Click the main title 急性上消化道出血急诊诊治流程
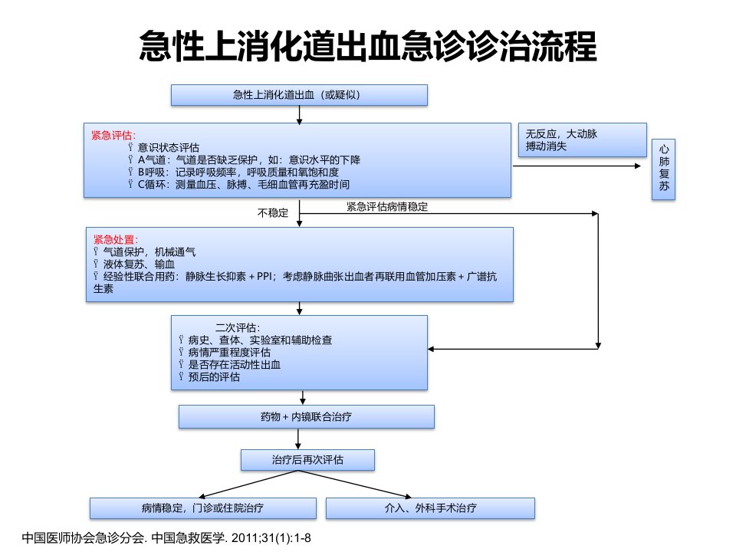tap(367, 46)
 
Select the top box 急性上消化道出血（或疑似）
tap(299, 95)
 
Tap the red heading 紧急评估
tap(113, 136)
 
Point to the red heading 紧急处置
tap(116, 240)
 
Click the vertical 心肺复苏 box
tap(663, 169)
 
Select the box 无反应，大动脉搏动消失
tap(582, 140)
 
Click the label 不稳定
tap(273, 213)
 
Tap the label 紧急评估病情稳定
tap(387, 206)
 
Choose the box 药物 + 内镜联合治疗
tap(307, 417)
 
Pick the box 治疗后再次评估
tap(307, 460)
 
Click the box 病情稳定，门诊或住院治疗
tap(202, 508)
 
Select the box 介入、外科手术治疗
tap(430, 508)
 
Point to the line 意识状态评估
tap(169, 148)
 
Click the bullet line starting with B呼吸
tap(238, 172)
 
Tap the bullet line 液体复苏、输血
tap(139, 264)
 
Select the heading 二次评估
tap(238, 327)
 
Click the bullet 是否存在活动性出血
tap(235, 365)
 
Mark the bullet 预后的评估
tap(214, 377)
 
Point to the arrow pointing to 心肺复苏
tap(577, 166)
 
